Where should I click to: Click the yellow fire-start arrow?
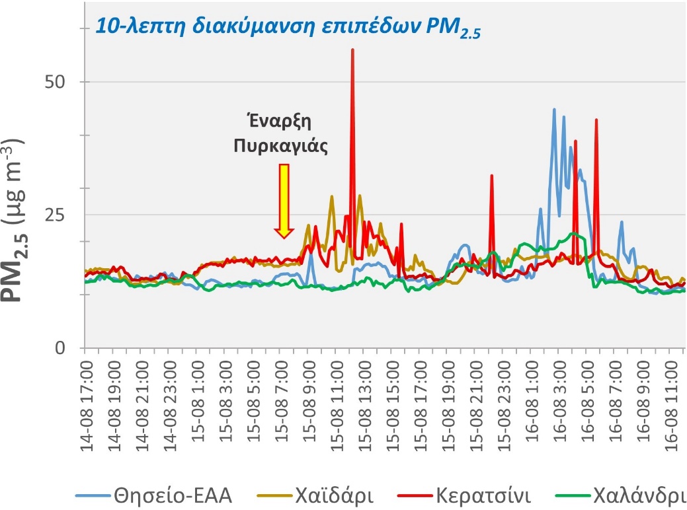pyautogui.click(x=284, y=201)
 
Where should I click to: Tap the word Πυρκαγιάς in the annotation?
pyautogui.click(x=281, y=146)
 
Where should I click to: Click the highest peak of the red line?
pyautogui.click(x=352, y=50)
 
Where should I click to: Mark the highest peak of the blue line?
pyautogui.click(x=554, y=110)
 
